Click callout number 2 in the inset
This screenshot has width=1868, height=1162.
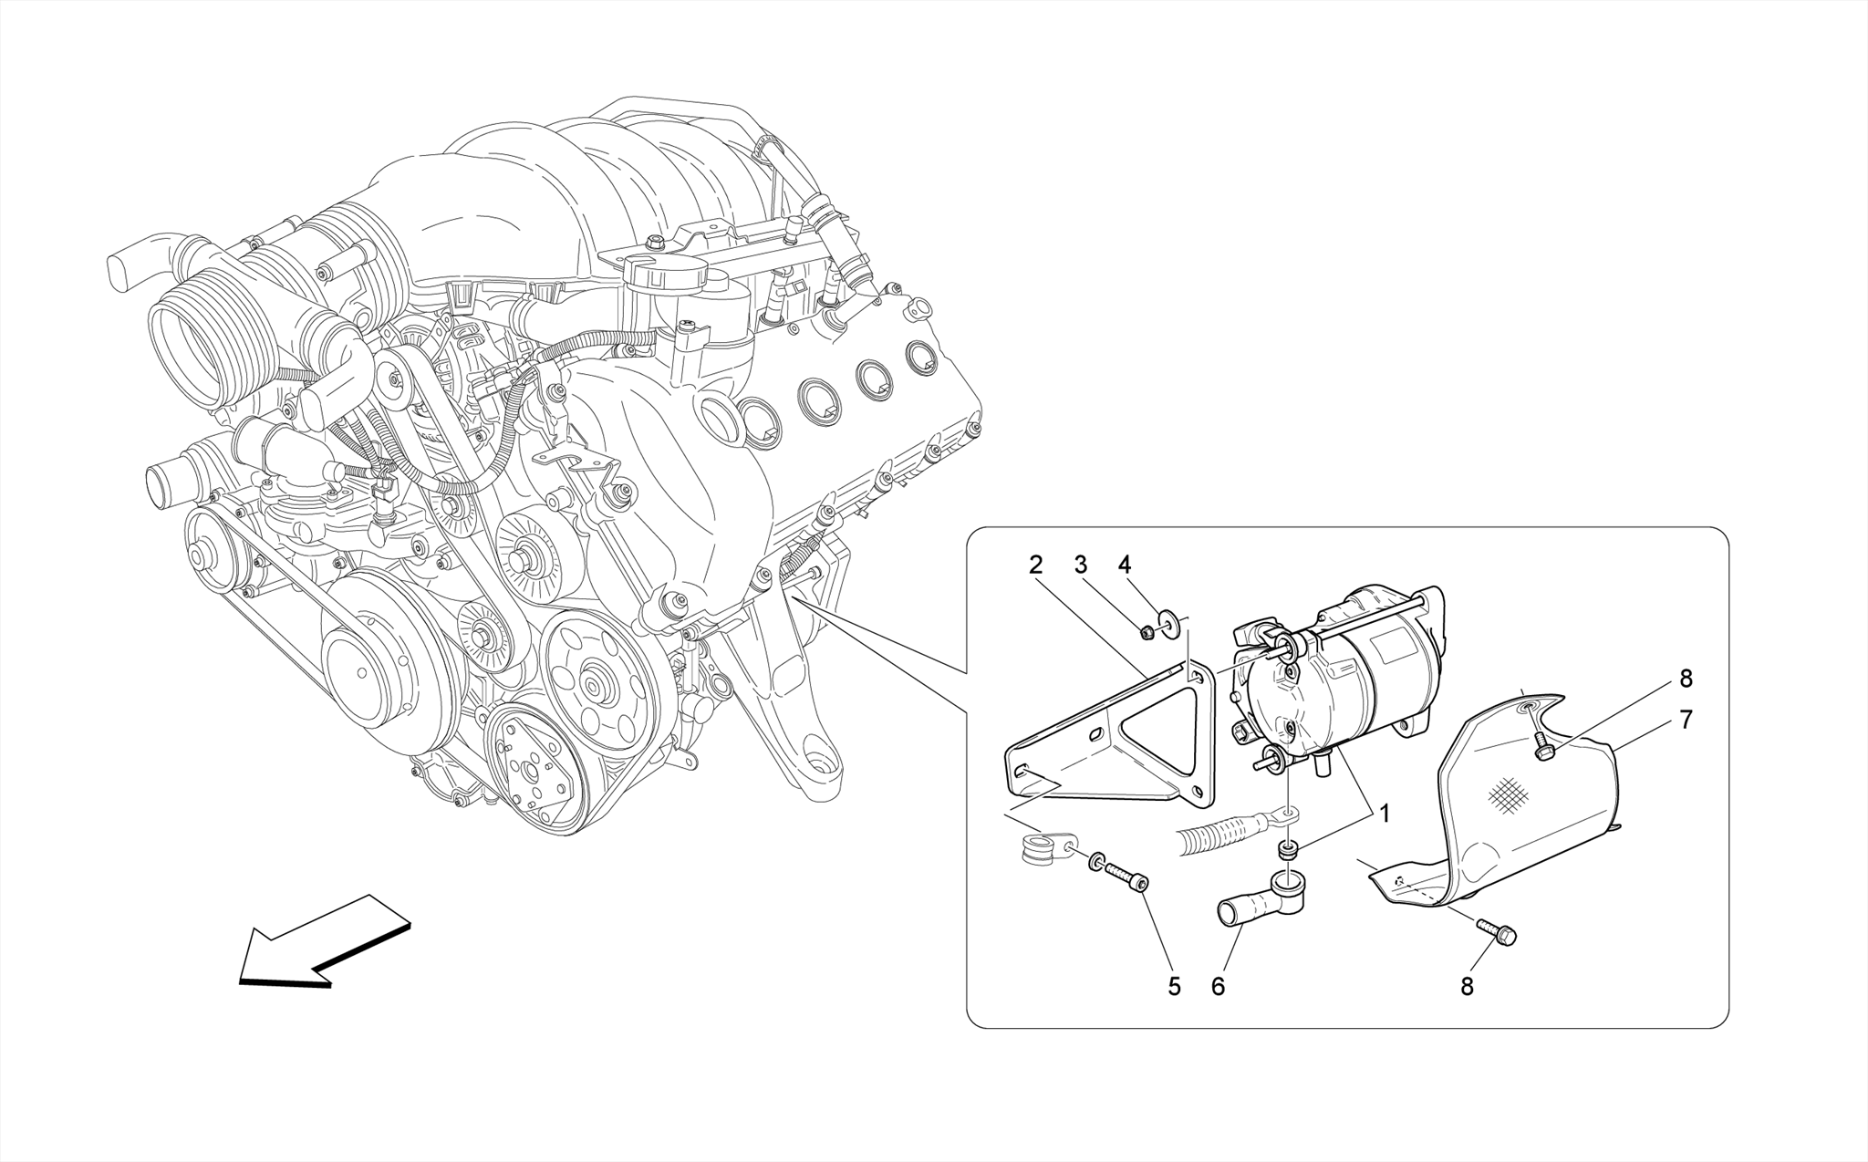1035,565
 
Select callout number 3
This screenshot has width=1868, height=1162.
1081,565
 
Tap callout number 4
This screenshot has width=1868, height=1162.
1125,565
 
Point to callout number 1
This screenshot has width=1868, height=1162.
1385,814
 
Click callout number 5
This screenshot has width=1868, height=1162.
1175,986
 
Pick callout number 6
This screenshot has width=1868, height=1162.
1219,986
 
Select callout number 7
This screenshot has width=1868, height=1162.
1686,721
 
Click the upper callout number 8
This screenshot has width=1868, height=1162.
1686,679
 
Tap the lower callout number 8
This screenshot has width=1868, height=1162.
1467,986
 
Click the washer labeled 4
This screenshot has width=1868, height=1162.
1167,625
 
